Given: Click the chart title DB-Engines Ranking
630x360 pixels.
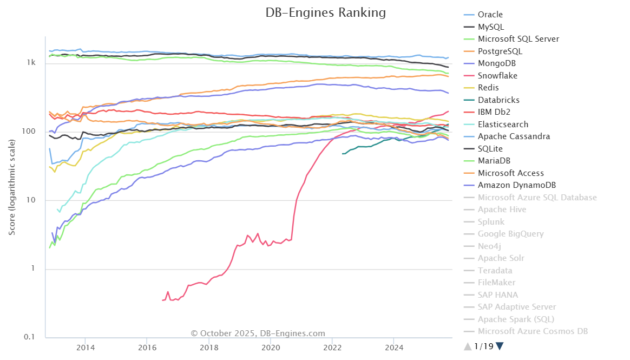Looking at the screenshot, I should click(325, 12).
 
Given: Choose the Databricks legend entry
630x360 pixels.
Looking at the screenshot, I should click(498, 100).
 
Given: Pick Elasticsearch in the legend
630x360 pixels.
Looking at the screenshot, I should click(503, 125).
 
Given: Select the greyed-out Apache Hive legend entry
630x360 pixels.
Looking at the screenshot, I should click(502, 210).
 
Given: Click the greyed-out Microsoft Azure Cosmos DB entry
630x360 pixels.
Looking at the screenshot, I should click(533, 331).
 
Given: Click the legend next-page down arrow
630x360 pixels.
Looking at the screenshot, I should click(500, 346).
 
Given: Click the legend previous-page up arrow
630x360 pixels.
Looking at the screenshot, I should click(468, 346).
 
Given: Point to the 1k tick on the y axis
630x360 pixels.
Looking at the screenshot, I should click(31, 63).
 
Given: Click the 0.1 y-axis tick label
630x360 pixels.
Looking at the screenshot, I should click(30, 337).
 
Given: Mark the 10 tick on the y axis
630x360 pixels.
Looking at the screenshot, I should click(32, 200).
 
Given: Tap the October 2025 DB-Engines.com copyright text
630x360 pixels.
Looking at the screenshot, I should click(258, 333).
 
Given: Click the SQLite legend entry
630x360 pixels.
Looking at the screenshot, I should click(492, 149).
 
